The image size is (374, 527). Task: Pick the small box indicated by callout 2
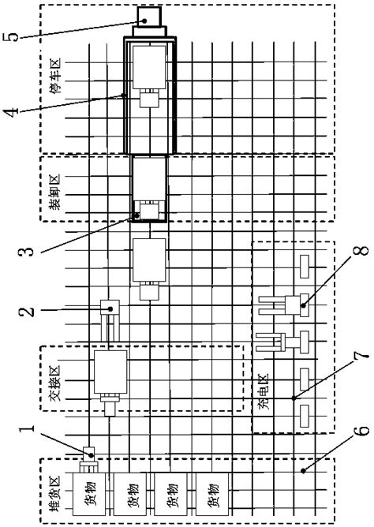click(110, 305)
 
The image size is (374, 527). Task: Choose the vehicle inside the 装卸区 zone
click(149, 188)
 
